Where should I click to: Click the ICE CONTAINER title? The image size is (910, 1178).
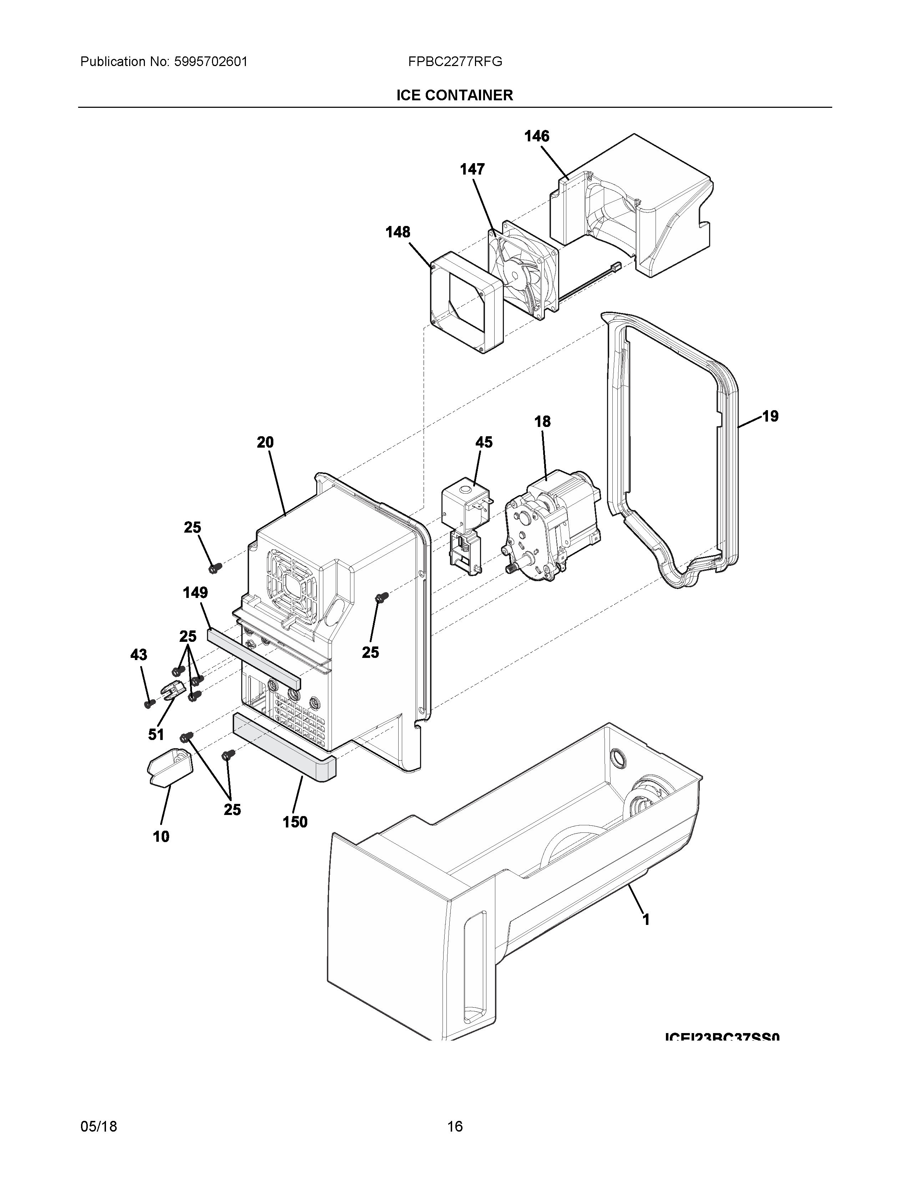[454, 95]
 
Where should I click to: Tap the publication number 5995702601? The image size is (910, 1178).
[210, 62]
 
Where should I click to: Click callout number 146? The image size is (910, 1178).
[537, 136]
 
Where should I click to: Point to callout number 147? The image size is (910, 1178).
[472, 169]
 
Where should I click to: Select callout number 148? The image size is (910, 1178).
[398, 232]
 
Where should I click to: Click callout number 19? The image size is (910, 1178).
[770, 416]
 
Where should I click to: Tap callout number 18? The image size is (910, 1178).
[542, 422]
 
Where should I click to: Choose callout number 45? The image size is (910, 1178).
[484, 442]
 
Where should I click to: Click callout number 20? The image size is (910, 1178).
[265, 442]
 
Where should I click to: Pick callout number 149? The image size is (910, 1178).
[195, 593]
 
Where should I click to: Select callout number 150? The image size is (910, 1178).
[295, 822]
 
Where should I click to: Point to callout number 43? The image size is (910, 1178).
[138, 655]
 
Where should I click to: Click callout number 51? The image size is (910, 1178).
[156, 734]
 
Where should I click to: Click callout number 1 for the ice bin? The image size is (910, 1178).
[646, 919]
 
